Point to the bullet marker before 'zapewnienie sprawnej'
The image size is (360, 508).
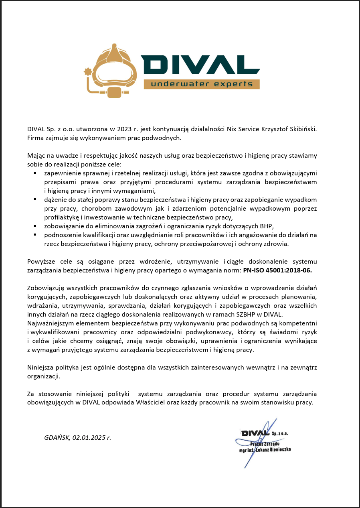35,173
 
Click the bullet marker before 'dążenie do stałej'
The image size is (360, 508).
35,199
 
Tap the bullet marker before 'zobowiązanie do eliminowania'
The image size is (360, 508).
35,226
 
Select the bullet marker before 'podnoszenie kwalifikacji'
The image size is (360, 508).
35,234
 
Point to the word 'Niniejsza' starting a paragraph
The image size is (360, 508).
40,367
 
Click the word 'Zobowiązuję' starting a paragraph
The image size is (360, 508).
44,288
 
